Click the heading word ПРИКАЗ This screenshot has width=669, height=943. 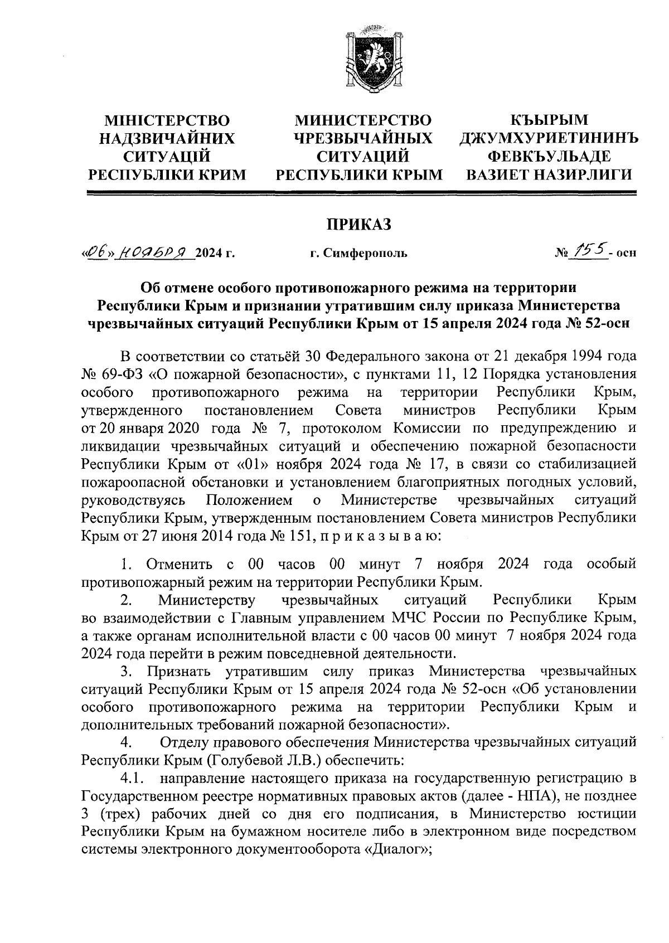(359, 224)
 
